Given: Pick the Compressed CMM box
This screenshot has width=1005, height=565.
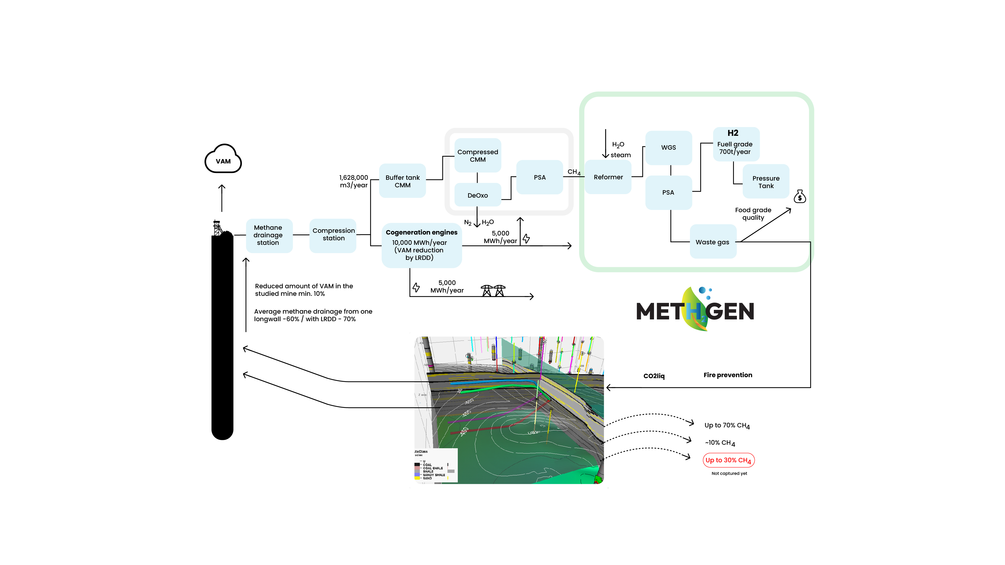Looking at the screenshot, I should click(478, 156).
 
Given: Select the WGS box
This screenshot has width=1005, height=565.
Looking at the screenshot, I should click(668, 147).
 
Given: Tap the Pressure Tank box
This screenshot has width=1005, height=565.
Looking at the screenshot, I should click(766, 182).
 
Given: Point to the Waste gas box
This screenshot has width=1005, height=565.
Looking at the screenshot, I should click(712, 242).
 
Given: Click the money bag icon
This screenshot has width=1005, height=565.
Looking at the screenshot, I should click(799, 197).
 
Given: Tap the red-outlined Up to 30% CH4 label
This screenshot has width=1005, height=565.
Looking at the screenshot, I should click(728, 460).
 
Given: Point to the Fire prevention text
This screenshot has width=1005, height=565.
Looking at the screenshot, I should click(728, 375).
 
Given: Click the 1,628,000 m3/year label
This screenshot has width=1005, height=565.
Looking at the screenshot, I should click(354, 181).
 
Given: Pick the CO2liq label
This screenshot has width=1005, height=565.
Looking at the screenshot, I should click(654, 376).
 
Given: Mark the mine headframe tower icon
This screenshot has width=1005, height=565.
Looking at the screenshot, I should click(217, 228).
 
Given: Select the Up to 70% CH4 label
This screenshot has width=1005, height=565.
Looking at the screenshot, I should click(727, 425).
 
